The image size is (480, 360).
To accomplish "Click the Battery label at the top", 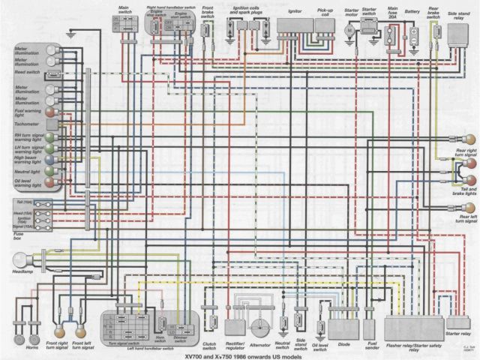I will point(412,12).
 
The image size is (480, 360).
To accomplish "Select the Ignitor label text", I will point(294,12).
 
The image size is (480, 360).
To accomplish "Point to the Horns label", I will point(31,349).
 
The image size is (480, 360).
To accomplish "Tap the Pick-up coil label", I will point(327,12).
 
